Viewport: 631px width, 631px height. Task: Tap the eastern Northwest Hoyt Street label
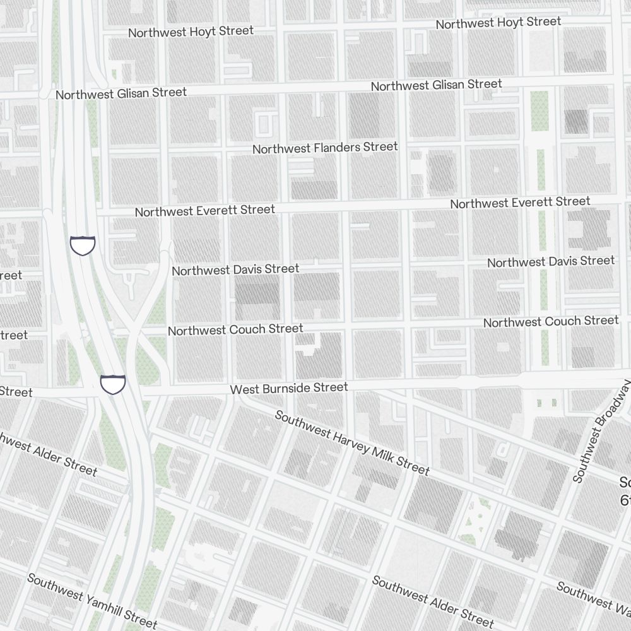click(x=498, y=23)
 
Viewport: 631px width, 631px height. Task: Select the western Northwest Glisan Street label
click(x=121, y=93)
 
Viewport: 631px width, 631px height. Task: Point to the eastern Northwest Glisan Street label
click(x=436, y=85)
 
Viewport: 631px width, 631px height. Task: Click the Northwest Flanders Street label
click(x=325, y=148)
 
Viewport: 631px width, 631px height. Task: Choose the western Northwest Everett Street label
click(x=204, y=210)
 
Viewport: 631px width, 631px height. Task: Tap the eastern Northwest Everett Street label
click(x=520, y=203)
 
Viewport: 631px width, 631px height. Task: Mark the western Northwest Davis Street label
click(x=235, y=269)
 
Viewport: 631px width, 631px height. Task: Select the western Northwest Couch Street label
click(x=235, y=329)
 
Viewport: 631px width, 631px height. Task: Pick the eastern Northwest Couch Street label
click(x=551, y=321)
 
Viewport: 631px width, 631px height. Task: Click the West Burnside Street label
click(x=288, y=388)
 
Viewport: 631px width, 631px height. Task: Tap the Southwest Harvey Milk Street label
click(x=352, y=443)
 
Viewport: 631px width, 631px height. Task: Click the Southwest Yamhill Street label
click(x=91, y=601)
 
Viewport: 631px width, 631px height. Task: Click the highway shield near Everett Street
click(x=82, y=245)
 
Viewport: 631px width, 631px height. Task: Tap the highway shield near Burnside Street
click(x=113, y=383)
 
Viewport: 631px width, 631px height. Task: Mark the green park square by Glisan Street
click(x=540, y=110)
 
